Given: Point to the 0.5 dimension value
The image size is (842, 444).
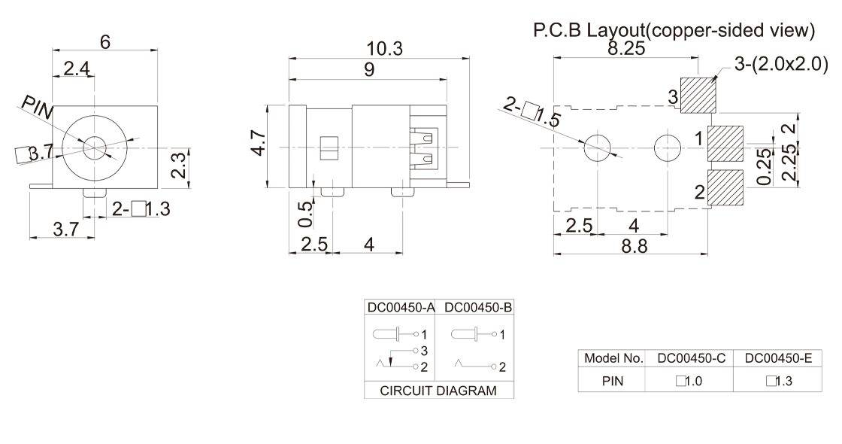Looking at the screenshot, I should pos(304,214).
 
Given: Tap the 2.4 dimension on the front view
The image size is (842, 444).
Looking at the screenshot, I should pos(77,69).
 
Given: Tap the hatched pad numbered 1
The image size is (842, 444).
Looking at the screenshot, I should pos(725,143).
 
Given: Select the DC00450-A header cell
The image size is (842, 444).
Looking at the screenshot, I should pos(399,308).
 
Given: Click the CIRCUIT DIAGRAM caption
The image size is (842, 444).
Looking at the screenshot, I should pos(439,391).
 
